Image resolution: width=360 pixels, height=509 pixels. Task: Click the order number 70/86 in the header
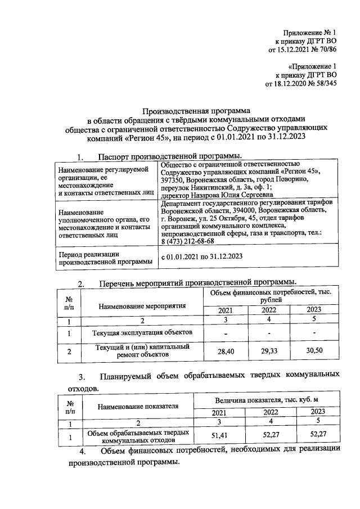[326, 49]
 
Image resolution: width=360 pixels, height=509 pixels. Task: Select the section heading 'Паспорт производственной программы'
[170, 156]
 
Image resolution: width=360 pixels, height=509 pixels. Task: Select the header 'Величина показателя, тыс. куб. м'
[267, 399]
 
